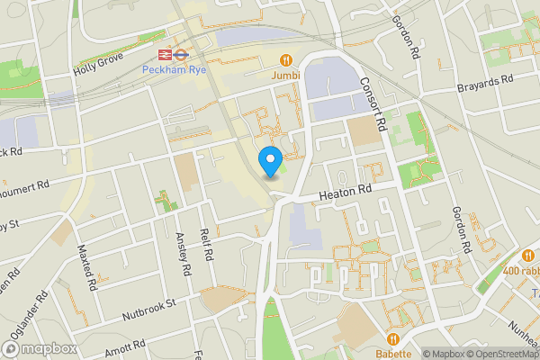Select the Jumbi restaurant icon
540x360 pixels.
pos(286,60)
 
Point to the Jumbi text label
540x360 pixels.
pos(286,76)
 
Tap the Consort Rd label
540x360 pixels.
pos(372,100)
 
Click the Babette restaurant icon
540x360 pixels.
pos(393,337)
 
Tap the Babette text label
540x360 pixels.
pos(393,353)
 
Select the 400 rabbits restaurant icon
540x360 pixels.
pos(528,256)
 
